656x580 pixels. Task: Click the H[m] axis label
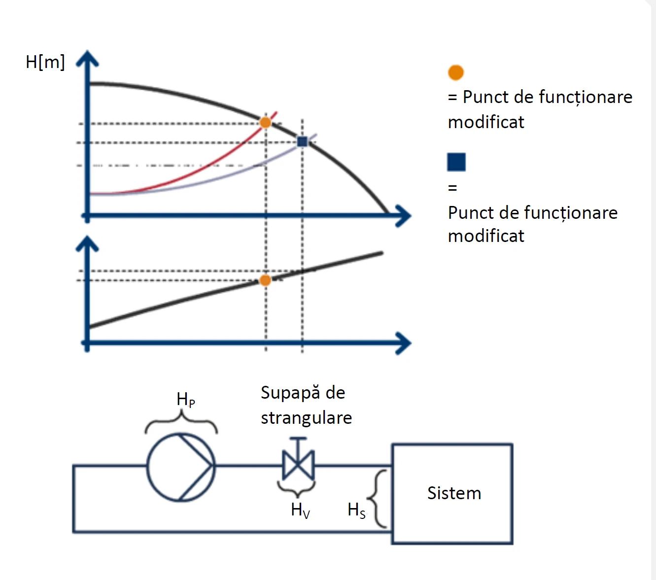(x=45, y=63)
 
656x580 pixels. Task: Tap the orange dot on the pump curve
(x=265, y=122)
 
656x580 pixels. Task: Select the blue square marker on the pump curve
(x=302, y=142)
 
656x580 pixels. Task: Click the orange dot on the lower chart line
(x=265, y=280)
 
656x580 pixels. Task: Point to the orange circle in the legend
(x=456, y=72)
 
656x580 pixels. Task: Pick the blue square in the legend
(x=456, y=162)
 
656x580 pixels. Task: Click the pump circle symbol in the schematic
(x=181, y=467)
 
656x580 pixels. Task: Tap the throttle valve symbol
(x=298, y=465)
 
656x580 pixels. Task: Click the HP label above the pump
(x=186, y=399)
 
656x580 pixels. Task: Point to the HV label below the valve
(x=300, y=510)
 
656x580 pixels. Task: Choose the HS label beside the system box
(x=356, y=510)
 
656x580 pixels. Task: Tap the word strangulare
(x=306, y=418)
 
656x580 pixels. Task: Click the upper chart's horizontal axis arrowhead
(x=404, y=216)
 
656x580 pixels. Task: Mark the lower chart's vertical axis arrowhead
(x=87, y=243)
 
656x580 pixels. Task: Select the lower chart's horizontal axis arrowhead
(x=404, y=343)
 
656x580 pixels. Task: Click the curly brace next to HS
(x=378, y=499)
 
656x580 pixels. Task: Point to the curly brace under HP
(x=181, y=423)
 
